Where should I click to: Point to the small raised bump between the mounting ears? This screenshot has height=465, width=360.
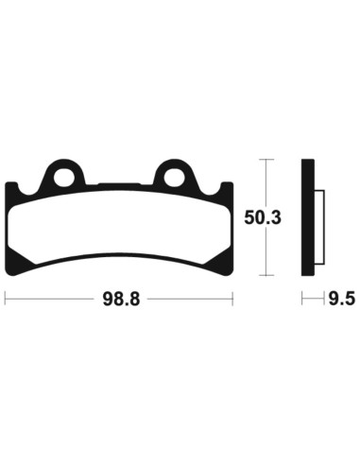tap(119, 186)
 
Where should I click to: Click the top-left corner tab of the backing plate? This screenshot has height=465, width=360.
tap(12, 187)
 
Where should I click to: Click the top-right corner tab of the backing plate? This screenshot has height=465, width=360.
tap(224, 187)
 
